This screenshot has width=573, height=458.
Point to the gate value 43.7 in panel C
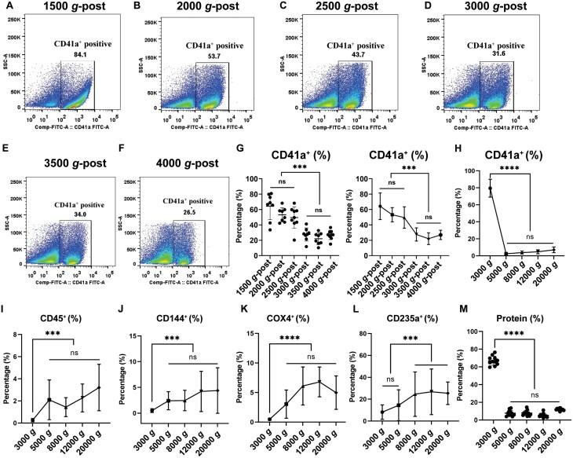click(364, 57)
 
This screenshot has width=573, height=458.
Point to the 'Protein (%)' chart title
click(520, 317)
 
